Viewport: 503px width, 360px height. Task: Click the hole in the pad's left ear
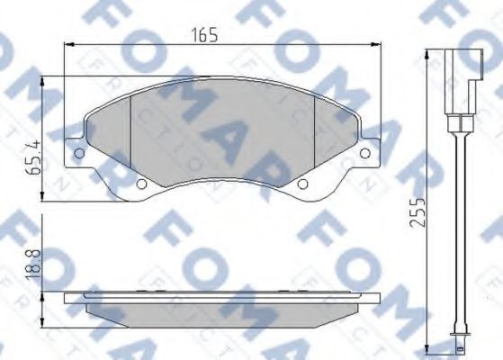pos(79,154)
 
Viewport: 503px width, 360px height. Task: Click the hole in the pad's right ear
pos(364,154)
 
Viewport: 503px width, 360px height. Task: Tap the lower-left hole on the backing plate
pos(140,184)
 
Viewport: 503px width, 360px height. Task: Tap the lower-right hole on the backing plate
pos(302,184)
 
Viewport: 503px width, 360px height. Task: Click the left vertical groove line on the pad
pos(132,135)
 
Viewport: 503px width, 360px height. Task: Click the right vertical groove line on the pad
pos(311,135)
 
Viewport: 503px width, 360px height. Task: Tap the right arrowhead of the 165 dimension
pos(374,45)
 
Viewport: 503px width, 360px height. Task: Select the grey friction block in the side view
pos(220,306)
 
